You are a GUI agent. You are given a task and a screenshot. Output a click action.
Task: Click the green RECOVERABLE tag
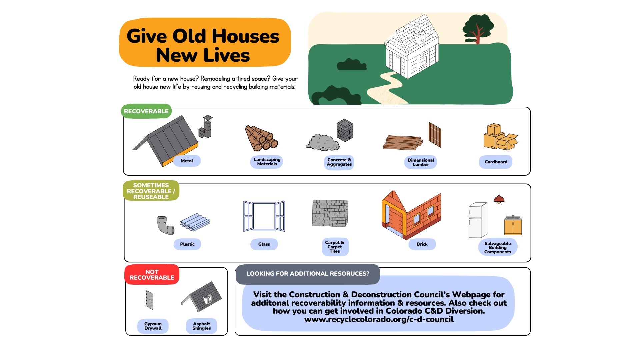pos(146,111)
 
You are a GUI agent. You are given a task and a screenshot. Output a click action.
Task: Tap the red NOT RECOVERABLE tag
pos(152,275)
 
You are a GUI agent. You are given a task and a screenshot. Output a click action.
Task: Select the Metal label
pos(187,161)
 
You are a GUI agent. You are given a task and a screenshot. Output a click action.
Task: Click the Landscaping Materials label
pos(267,162)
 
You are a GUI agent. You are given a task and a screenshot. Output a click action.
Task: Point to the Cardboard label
pos(496,162)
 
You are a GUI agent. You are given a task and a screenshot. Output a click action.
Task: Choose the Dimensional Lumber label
pos(421,162)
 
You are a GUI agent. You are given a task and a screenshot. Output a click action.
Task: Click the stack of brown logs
pos(261,138)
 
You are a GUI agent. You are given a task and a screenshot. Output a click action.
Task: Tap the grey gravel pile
pos(323,142)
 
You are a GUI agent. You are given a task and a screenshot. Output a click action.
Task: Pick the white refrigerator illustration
pos(478,220)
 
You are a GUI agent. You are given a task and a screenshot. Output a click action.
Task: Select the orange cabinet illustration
pos(513,225)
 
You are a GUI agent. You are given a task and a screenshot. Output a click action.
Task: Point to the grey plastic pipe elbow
pos(165,225)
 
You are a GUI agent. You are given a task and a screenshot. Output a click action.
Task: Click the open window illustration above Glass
pos(264,216)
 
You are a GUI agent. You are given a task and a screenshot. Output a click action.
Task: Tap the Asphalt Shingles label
pos(202,326)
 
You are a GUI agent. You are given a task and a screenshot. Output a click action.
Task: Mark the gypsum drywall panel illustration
pos(149,300)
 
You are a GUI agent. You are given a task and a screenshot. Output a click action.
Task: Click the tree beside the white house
pos(477,29)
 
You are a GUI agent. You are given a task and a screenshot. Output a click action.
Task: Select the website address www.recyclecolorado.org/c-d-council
pos(379,319)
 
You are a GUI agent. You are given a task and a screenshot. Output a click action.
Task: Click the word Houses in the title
pos(245,36)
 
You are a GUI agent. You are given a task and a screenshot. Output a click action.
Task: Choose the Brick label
pos(422,244)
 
